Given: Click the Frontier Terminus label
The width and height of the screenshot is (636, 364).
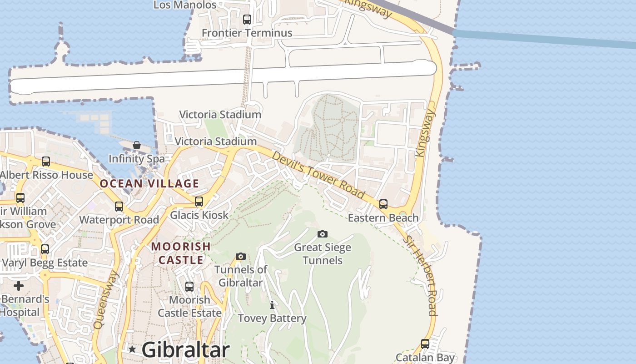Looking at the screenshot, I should click(x=247, y=33).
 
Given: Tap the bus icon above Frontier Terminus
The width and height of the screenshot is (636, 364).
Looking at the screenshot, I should click(x=247, y=20).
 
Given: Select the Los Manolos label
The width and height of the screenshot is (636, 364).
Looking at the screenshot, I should click(x=185, y=5).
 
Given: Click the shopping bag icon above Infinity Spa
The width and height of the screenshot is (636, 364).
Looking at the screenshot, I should click(x=137, y=145).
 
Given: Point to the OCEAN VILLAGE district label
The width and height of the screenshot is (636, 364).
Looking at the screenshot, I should click(x=149, y=184).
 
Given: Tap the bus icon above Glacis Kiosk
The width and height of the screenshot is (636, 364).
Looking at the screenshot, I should click(x=199, y=202).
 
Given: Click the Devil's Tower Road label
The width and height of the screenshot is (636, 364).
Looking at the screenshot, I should click(x=318, y=175).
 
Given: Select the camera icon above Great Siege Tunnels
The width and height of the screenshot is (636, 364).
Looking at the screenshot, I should click(x=323, y=234).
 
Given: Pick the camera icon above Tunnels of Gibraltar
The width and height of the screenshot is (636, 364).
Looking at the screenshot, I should click(x=241, y=257).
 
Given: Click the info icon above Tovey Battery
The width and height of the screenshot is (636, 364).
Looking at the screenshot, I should click(x=272, y=305).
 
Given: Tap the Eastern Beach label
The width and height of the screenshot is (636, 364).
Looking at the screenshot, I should click(x=383, y=218).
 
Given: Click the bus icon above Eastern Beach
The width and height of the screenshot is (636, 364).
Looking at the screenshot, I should click(x=383, y=204).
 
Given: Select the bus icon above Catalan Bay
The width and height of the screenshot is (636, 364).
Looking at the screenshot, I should click(x=425, y=344).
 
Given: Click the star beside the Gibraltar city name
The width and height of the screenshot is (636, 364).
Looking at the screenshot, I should click(x=132, y=349).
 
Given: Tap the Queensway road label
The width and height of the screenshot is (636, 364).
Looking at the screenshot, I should click(x=105, y=300).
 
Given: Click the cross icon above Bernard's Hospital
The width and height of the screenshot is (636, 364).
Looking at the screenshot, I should click(x=19, y=286).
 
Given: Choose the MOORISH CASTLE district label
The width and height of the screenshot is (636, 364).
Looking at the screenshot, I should click(x=181, y=253).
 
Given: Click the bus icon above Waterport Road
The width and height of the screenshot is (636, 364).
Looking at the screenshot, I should click(x=119, y=207).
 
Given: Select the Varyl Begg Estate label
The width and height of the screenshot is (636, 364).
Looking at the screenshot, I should click(x=45, y=263).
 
